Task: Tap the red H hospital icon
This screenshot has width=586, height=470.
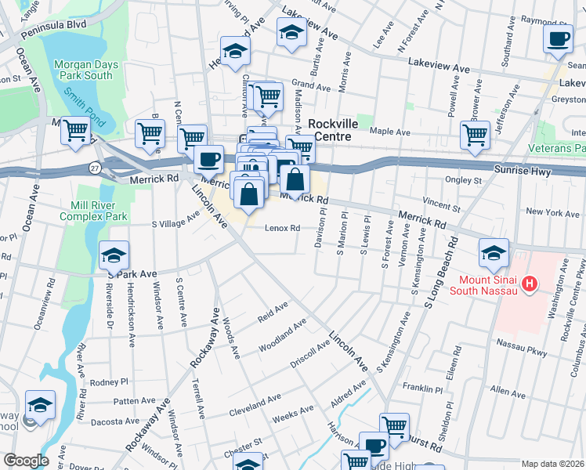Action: click(530, 284)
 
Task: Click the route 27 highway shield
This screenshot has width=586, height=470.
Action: click(95, 168)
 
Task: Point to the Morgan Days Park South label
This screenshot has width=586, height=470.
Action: click(82, 68)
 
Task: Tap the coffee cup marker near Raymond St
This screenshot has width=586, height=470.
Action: click(558, 39)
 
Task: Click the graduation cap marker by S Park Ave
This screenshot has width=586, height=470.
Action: click(114, 255)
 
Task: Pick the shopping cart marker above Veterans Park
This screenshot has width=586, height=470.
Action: click(475, 135)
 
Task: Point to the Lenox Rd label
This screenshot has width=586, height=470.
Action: click(283, 229)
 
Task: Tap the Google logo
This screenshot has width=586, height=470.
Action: click(26, 461)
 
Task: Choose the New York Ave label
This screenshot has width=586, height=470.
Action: click(552, 212)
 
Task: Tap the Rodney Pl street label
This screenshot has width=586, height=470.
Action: click(108, 382)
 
